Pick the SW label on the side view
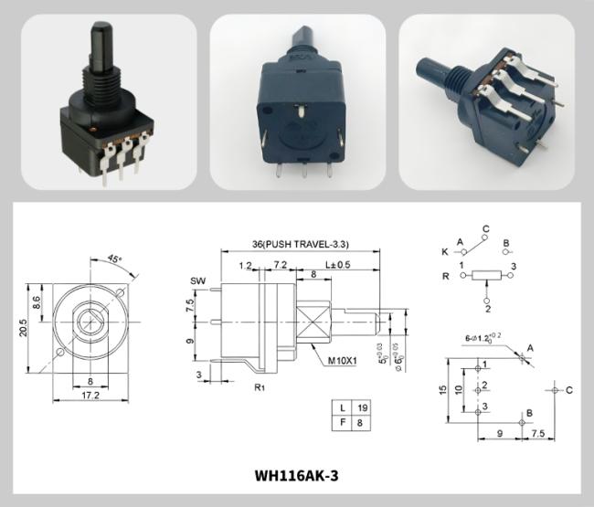[x=196, y=280]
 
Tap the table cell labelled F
[x=341, y=423]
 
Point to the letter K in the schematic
[x=444, y=250]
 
